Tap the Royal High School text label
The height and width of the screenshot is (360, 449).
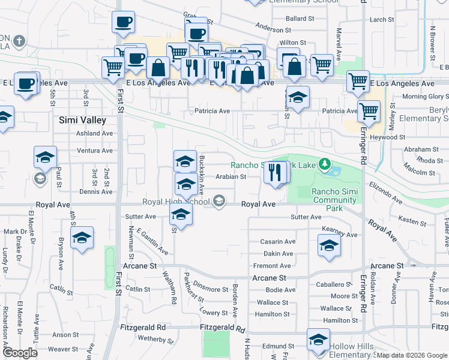pos(175,202)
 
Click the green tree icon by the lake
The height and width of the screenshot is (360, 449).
pos(325,164)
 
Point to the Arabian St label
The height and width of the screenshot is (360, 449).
pos(231,177)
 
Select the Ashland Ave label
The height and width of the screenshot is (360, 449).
pos(95,134)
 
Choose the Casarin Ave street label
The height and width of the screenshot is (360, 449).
pos(277,242)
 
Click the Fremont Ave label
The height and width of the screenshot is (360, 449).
pos(272,266)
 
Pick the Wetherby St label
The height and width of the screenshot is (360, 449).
pos(155,339)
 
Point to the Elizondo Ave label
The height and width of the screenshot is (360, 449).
pos(385,191)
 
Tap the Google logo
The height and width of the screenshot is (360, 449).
pos(20,353)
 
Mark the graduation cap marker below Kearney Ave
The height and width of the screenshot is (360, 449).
pos(329,246)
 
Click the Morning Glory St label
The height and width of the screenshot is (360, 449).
pos(425,97)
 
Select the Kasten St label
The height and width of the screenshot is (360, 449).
pos(412,223)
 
